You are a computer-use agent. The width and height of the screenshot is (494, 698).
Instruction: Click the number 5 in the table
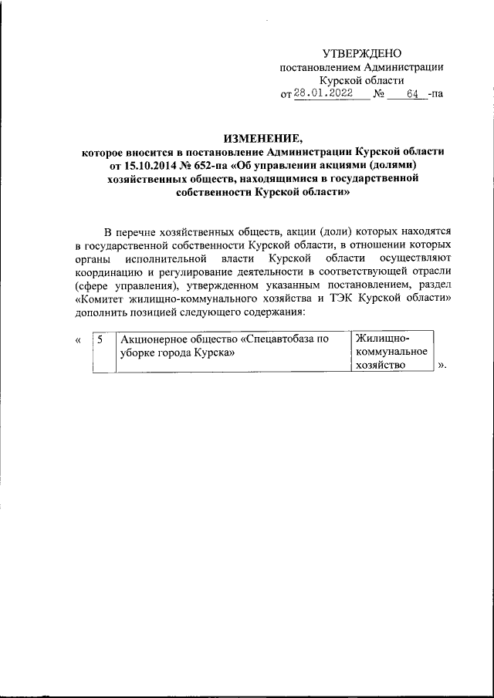coord(100,339)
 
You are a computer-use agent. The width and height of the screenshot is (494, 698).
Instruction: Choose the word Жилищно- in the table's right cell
coord(381,338)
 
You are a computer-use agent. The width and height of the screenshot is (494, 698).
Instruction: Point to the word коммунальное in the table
coord(392,352)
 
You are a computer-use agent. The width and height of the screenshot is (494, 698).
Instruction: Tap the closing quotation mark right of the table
coord(442,366)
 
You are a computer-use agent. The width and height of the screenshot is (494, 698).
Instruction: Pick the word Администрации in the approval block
coord(406,67)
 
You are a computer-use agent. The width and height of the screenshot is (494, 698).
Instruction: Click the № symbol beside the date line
coord(377,94)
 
